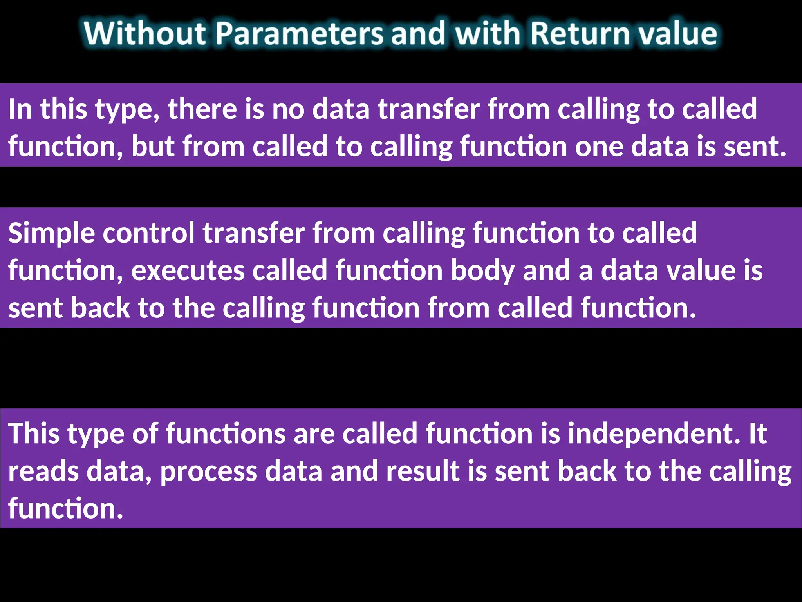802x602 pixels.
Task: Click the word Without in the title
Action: click(145, 33)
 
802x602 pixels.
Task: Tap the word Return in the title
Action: click(579, 33)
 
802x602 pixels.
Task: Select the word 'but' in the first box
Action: click(153, 146)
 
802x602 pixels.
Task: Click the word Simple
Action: click(51, 233)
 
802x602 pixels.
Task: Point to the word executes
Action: click(188, 270)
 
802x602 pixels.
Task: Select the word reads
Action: click(43, 471)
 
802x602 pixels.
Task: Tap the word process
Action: click(209, 472)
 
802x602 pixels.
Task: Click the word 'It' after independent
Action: click(758, 434)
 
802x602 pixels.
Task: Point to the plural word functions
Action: click(226, 434)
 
